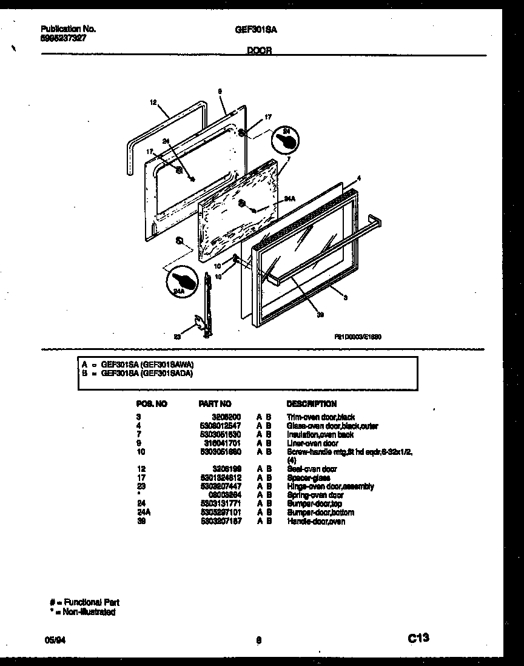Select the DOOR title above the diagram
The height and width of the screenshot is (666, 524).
click(x=259, y=52)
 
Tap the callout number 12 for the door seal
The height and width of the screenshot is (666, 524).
click(x=153, y=103)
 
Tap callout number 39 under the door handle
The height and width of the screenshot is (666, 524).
click(x=320, y=314)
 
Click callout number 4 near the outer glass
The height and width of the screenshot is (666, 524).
click(x=359, y=178)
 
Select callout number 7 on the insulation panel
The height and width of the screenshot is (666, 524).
click(x=289, y=159)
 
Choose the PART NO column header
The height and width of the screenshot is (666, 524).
click(x=215, y=404)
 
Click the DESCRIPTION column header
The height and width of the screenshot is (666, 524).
click(x=311, y=404)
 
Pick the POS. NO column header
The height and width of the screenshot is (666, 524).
click(x=152, y=404)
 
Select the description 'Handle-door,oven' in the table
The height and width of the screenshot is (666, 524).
click(x=315, y=521)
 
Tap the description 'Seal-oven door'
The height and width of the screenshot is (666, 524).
click(x=312, y=469)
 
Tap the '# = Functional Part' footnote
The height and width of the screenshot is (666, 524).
click(x=84, y=602)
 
